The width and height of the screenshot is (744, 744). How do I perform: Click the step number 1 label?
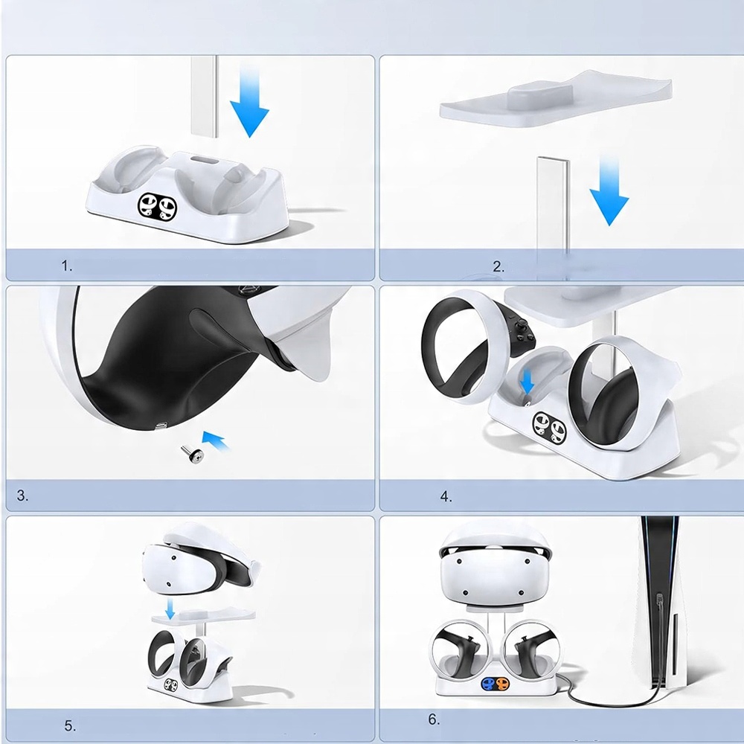pyautogui.click(x=67, y=266)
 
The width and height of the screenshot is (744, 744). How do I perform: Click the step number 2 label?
pyautogui.click(x=498, y=266)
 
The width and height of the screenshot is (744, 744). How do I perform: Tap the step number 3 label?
pyautogui.click(x=22, y=496)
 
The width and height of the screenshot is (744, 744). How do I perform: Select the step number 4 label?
pyautogui.click(x=446, y=497)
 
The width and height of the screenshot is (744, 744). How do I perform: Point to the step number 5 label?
pyautogui.click(x=70, y=726)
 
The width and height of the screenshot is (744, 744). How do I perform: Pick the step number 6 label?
pyautogui.click(x=434, y=719)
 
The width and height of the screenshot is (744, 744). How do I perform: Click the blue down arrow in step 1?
pyautogui.click(x=249, y=102)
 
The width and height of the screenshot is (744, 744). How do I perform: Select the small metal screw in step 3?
pyautogui.click(x=192, y=455)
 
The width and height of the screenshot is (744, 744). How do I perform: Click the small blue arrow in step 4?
pyautogui.click(x=527, y=382)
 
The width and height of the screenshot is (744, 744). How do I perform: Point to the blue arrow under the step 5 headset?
pyautogui.click(x=170, y=609)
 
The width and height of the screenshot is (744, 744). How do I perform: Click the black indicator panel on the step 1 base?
pyautogui.click(x=158, y=207)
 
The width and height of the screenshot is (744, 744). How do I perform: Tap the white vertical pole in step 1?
pyautogui.click(x=204, y=96)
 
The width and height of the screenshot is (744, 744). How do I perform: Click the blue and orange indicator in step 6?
pyautogui.click(x=495, y=684)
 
